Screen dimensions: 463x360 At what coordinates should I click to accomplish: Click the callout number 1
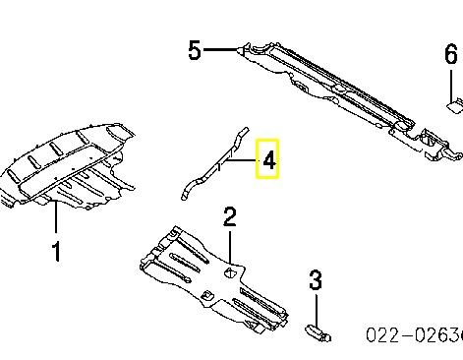[x=57, y=252]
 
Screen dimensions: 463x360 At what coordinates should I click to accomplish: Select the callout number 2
[x=230, y=216]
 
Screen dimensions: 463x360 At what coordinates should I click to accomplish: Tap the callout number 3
[x=316, y=279]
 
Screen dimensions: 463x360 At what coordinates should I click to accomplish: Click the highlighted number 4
[x=268, y=160]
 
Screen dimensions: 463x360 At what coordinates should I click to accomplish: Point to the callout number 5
[x=195, y=50]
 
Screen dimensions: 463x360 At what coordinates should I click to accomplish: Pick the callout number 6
[x=451, y=54]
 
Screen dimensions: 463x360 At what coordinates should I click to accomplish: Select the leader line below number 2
[x=230, y=248]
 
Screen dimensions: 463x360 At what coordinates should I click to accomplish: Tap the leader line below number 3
[x=317, y=310]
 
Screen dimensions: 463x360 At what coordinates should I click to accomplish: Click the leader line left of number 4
[x=241, y=160]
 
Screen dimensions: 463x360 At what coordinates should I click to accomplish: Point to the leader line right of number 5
[x=220, y=50]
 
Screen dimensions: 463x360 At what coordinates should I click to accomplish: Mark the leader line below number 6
[x=451, y=86]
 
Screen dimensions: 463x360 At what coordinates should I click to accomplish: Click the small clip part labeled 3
[x=318, y=332]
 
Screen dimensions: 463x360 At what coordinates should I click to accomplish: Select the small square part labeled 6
[x=455, y=106]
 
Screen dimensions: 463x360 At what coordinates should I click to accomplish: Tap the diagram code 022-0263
[x=414, y=335]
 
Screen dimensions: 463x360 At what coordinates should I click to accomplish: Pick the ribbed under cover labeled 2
[x=213, y=279]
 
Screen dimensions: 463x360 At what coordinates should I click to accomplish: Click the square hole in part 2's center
[x=230, y=272]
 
